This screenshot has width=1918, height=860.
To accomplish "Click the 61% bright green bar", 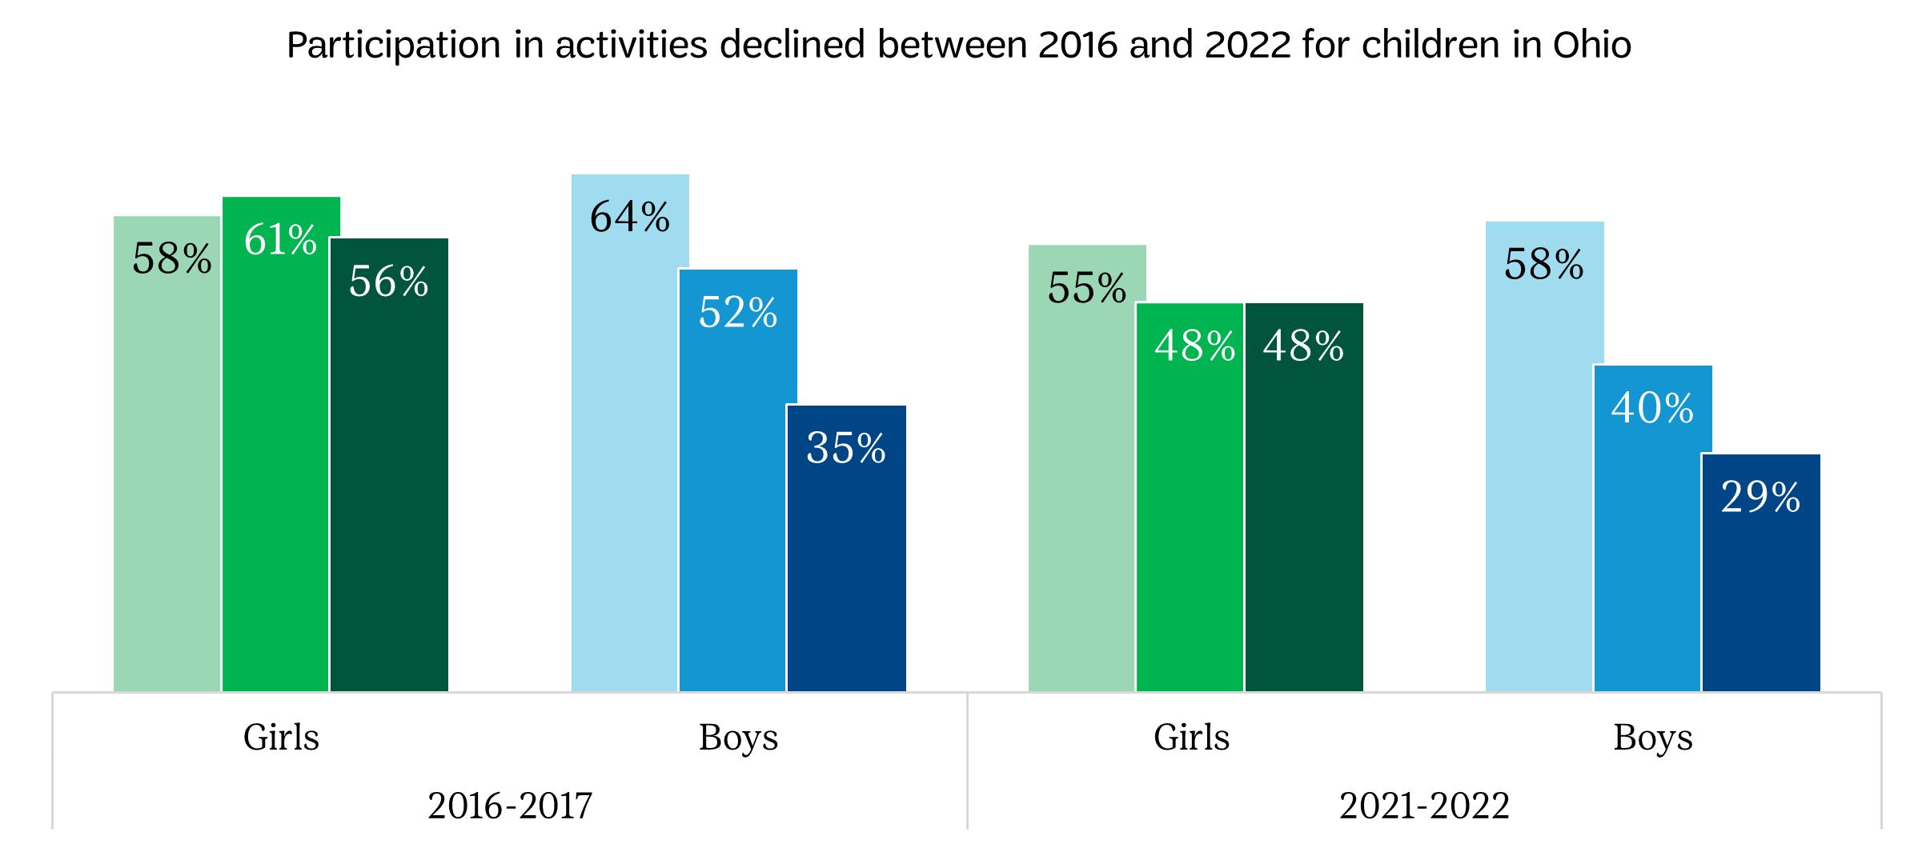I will click(281, 464).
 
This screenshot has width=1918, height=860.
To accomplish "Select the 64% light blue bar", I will click(630, 448).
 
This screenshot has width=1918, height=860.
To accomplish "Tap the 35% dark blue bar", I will click(846, 560).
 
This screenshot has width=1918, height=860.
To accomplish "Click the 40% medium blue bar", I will click(1653, 544).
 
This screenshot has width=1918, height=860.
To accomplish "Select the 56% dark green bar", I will click(389, 480).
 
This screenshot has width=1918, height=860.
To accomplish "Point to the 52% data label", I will click(738, 312).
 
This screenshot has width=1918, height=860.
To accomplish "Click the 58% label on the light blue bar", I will click(1544, 264).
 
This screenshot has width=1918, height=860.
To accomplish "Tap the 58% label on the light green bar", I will click(172, 259).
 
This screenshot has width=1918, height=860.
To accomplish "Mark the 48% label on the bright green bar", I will click(1194, 346).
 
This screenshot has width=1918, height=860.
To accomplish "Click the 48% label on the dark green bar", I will click(1303, 346).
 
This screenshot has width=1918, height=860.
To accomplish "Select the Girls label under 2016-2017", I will click(281, 737).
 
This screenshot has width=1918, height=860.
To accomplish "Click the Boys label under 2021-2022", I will click(1653, 737).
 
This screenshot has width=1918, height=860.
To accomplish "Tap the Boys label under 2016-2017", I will click(738, 737).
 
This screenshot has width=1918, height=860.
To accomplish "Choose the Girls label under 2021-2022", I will click(1191, 737).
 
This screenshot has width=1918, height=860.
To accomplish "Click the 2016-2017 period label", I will click(510, 806).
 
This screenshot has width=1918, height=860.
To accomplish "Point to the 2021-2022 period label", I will click(1424, 806).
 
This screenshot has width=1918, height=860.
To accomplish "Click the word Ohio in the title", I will click(1591, 45).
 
